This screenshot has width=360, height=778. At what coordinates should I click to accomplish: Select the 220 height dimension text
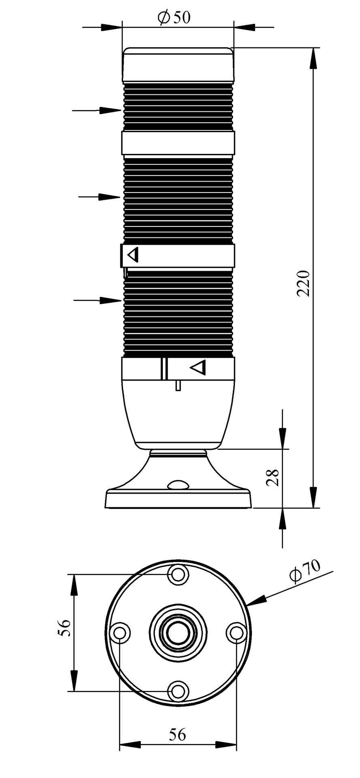[x=304, y=283]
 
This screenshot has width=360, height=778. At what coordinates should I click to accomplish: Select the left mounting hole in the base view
[x=120, y=632]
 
